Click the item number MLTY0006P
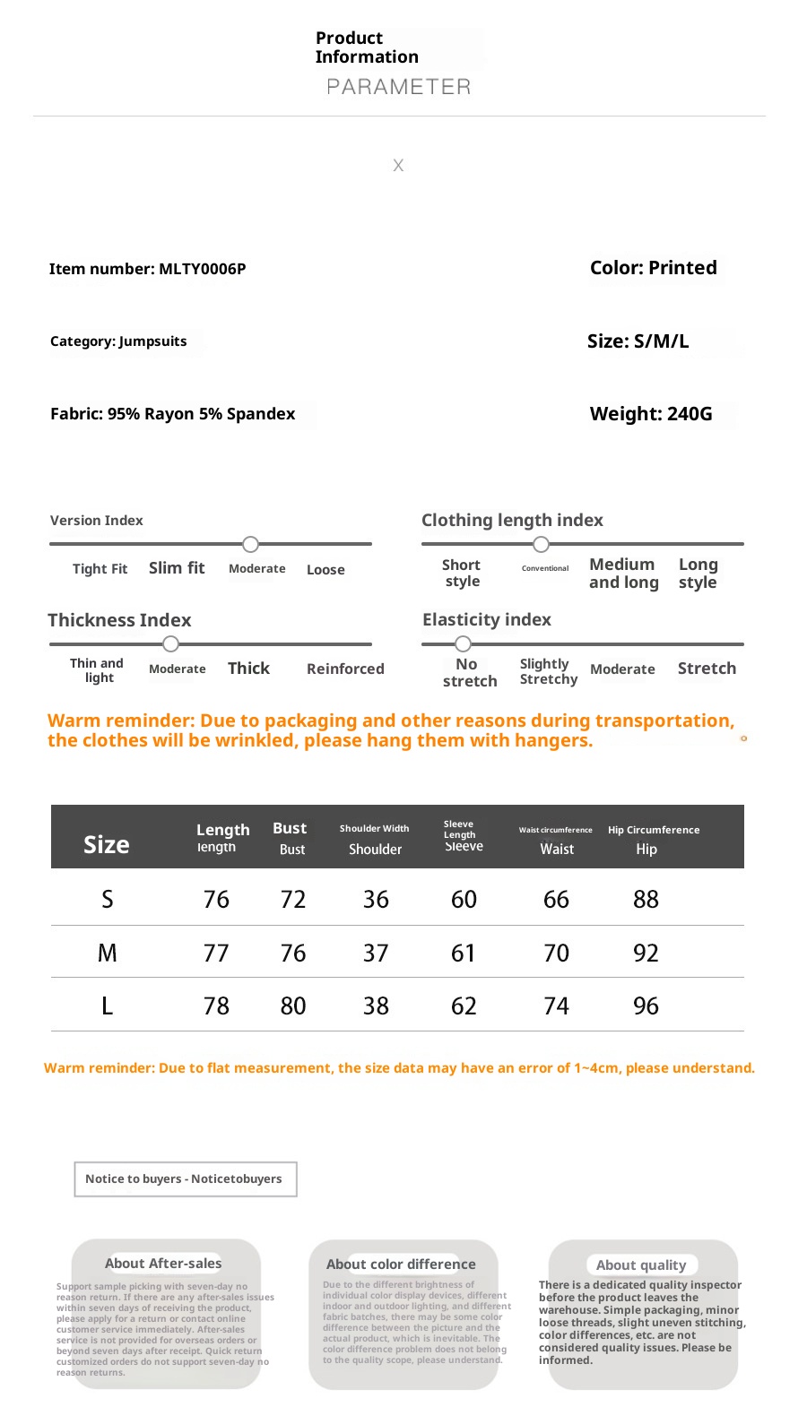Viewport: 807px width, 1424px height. [x=202, y=269]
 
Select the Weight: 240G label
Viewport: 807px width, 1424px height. [x=651, y=414]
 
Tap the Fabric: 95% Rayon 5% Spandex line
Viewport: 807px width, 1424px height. [x=172, y=414]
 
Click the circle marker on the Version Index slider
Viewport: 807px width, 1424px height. [x=251, y=544]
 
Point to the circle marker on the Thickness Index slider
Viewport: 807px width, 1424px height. [x=171, y=643]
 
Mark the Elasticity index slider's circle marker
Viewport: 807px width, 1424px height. [x=463, y=643]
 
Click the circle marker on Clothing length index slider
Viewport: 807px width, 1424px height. [x=541, y=544]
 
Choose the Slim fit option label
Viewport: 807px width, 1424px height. [x=177, y=568]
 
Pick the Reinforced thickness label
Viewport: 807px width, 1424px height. [x=345, y=669]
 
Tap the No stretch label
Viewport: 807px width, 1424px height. [x=469, y=672]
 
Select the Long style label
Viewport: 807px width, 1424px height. [x=698, y=574]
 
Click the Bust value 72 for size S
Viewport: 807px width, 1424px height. [x=293, y=899]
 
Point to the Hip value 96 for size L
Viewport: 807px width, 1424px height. [x=646, y=1005]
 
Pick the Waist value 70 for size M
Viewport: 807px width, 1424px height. [x=556, y=953]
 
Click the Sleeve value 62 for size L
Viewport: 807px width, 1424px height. [x=464, y=1005]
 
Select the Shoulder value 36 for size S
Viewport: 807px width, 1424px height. [x=376, y=899]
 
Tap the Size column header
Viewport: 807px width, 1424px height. [x=107, y=845]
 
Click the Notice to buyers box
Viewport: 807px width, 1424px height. [x=185, y=1179]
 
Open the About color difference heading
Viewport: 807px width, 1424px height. [x=401, y=1264]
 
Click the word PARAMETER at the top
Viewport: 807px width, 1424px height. [x=398, y=87]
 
